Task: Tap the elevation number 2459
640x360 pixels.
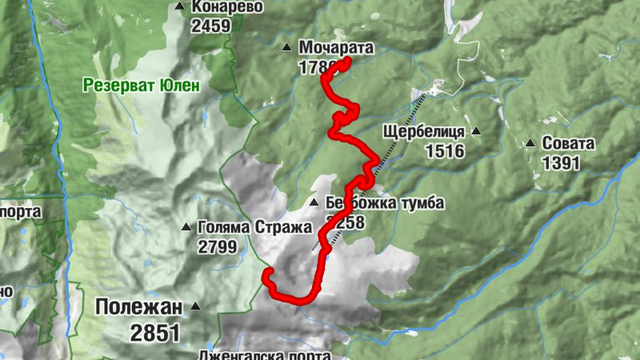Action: (210, 26)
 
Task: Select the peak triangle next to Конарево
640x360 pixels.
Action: (179, 8)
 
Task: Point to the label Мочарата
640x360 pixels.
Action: (335, 47)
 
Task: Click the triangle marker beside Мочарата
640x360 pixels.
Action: (286, 48)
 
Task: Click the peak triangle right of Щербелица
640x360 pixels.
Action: (477, 131)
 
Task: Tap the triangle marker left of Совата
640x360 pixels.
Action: (530, 144)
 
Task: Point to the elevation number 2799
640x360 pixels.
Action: (217, 246)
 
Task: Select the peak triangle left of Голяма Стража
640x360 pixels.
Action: (186, 227)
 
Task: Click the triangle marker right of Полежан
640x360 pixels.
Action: (195, 306)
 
